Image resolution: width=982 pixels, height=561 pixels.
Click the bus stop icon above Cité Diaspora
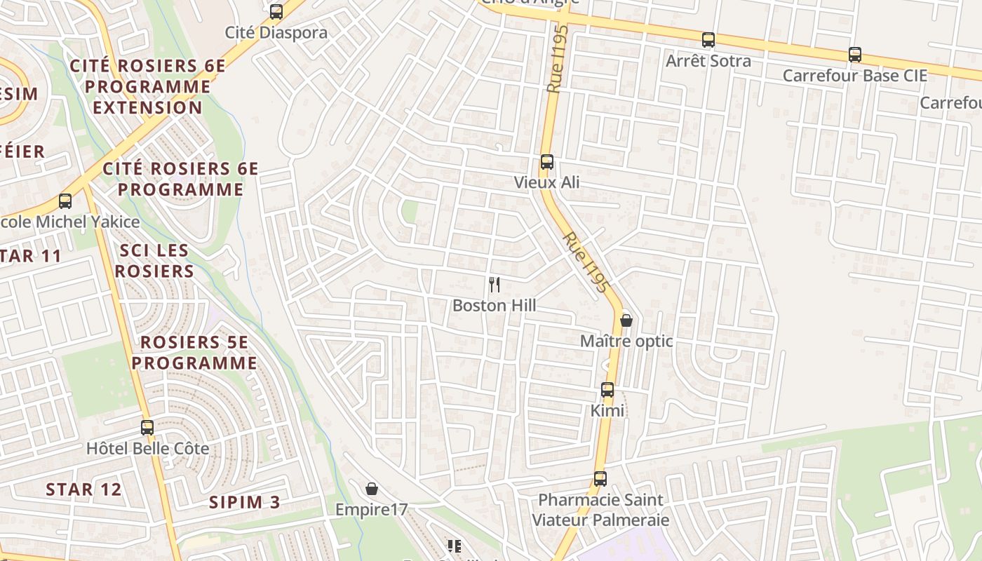point(276,12)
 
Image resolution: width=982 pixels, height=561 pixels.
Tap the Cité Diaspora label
point(276,33)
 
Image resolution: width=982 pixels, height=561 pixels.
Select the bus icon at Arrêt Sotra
point(708,40)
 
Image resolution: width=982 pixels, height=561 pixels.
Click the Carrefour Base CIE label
point(854,76)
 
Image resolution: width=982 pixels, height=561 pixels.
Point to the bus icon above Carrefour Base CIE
point(854,54)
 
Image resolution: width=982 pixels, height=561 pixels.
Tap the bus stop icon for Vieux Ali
point(547,162)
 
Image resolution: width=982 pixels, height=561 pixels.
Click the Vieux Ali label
point(547,183)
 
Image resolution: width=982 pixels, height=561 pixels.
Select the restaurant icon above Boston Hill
point(495,284)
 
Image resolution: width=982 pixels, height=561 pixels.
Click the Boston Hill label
point(495,306)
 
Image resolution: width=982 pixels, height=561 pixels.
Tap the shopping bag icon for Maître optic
point(626,320)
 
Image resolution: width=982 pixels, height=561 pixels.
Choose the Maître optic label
point(626,342)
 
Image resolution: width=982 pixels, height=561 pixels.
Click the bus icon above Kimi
point(607,389)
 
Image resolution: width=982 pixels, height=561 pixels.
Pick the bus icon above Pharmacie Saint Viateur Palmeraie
point(600,479)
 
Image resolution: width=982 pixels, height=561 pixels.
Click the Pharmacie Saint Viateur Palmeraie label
point(600,510)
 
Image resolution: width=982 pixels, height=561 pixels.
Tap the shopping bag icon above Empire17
point(372,488)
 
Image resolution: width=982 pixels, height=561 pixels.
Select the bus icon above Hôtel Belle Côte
point(147,427)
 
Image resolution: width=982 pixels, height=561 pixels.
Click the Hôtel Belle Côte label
point(147,448)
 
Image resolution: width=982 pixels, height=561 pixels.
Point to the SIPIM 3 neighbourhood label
point(245,502)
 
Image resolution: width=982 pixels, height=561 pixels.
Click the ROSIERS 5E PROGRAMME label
point(194,353)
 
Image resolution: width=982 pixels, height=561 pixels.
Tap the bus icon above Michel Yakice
point(65,201)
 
